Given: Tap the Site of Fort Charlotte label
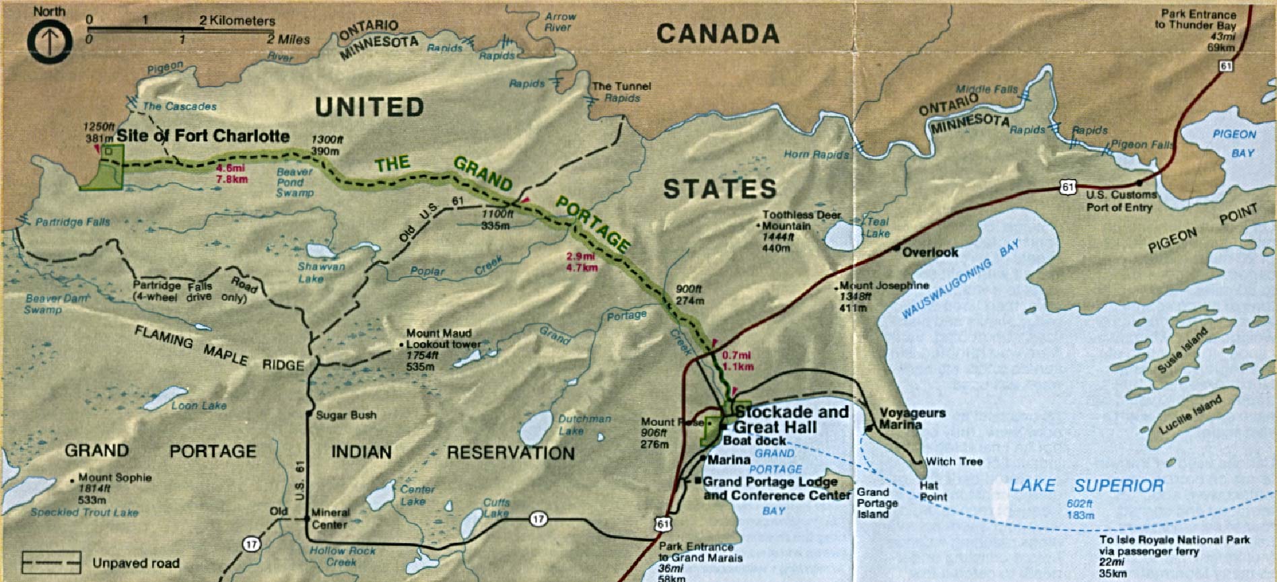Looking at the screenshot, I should click(203, 136).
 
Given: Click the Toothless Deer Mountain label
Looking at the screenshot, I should click(801, 221).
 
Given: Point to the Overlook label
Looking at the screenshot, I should click(930, 252).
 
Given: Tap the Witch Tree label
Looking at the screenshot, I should click(954, 462).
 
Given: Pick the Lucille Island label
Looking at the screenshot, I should click(1190, 415).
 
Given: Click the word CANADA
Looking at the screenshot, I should click(718, 34).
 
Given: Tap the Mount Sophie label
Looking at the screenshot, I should click(114, 478).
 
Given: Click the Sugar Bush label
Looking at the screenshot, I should click(346, 415).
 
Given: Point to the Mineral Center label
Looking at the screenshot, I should click(330, 518).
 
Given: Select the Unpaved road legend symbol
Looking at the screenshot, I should click(51, 562).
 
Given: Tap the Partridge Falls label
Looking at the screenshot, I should click(73, 222).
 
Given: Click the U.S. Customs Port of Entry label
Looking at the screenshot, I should click(1121, 201).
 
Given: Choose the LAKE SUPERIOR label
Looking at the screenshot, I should click(1086, 485).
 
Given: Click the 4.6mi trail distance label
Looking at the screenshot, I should click(232, 174).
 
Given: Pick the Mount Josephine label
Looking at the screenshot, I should click(884, 285).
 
